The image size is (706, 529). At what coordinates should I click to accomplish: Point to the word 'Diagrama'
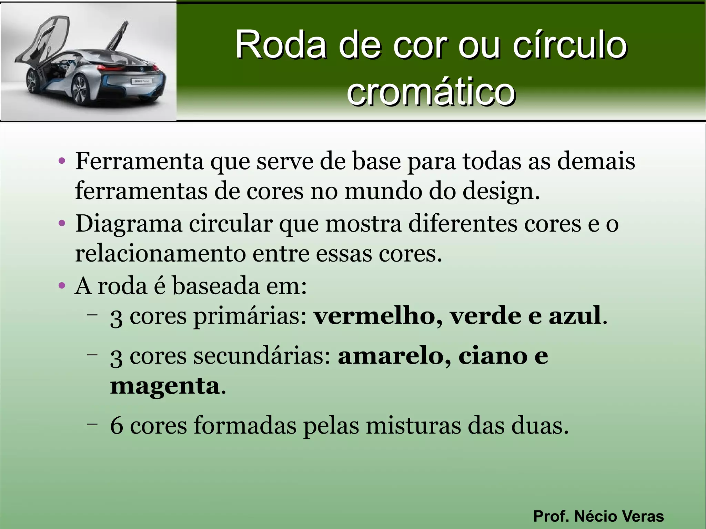tap(129, 224)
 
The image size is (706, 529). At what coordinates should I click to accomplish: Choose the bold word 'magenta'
tap(165, 386)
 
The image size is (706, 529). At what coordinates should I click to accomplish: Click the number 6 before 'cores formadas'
tap(117, 426)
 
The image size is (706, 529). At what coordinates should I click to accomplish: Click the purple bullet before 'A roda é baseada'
tap(62, 286)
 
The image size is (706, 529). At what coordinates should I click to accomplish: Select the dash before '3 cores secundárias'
tap(92, 354)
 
